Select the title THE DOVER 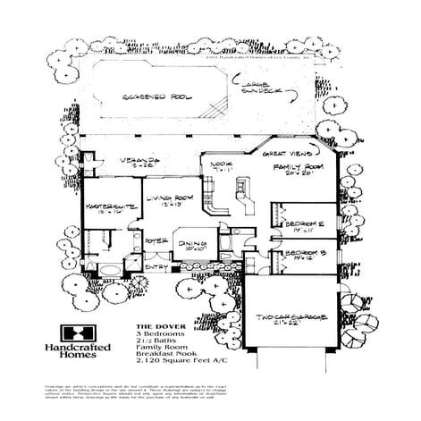point(155,327)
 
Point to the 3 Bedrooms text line point(159,334)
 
